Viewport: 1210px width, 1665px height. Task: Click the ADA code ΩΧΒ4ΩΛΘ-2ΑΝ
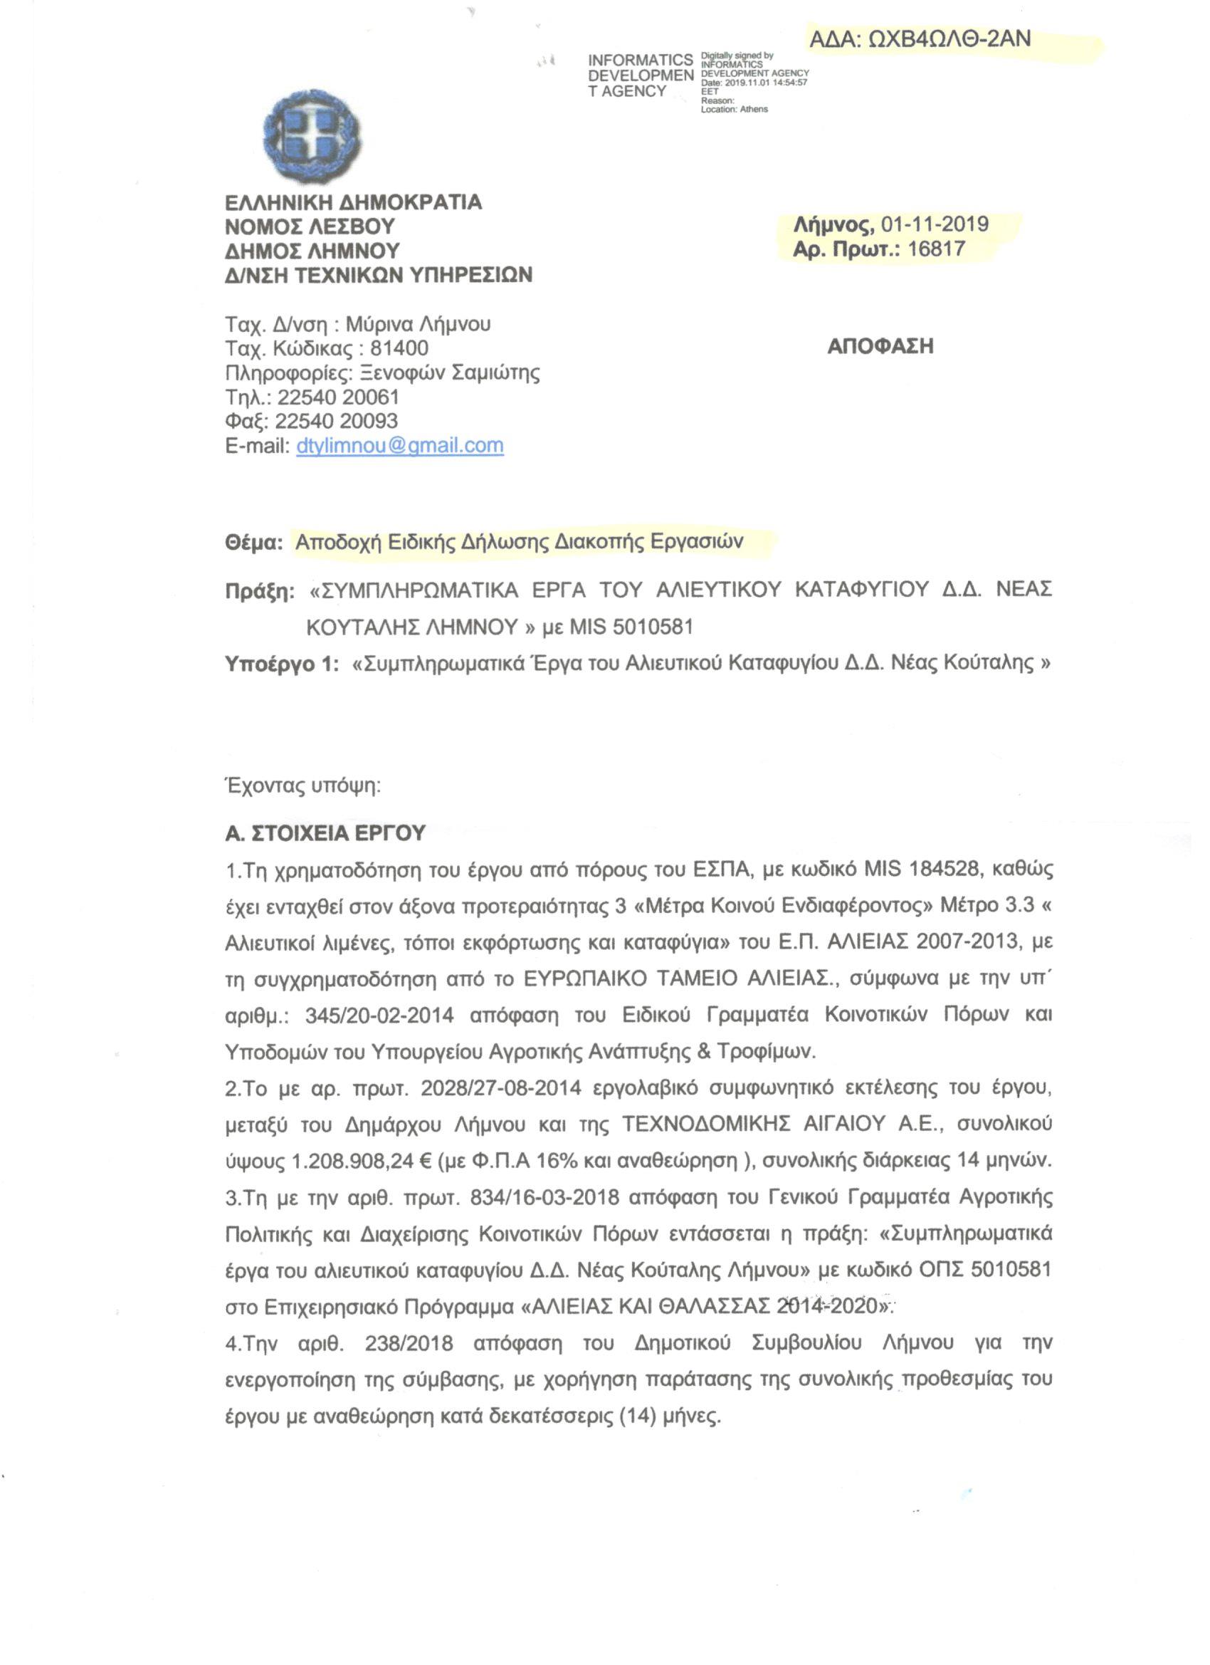[920, 39]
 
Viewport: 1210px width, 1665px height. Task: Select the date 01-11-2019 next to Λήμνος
[935, 224]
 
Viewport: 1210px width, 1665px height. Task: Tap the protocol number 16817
[936, 249]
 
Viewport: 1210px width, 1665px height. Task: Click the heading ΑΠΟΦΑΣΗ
[880, 347]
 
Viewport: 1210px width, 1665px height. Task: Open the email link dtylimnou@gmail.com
[400, 446]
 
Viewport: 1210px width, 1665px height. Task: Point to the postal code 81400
[399, 348]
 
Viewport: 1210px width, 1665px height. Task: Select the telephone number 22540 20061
[338, 397]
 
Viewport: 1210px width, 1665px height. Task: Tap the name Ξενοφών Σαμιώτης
[450, 373]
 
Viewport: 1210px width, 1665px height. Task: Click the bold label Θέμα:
[253, 543]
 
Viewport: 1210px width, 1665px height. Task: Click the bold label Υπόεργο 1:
[282, 664]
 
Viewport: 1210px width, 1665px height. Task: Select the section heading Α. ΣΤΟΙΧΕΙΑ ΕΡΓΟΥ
[325, 833]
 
